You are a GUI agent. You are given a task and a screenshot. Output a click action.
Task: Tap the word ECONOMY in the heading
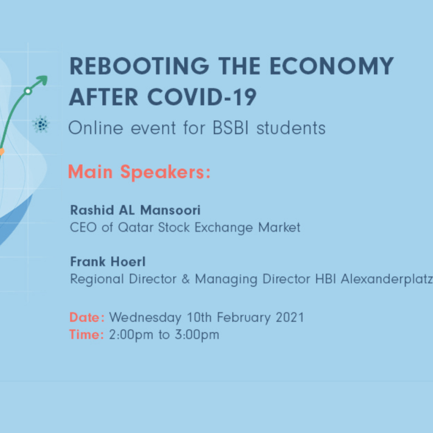pos(332,66)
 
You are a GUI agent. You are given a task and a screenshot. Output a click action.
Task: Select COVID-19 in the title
pos(202,97)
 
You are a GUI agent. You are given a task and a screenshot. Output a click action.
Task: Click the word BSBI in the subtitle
pos(231,128)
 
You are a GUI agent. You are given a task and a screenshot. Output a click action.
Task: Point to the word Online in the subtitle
pos(96,128)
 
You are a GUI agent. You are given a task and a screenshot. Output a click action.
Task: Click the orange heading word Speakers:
pos(165,173)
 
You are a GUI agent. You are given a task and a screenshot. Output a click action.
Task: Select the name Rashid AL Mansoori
pos(136,210)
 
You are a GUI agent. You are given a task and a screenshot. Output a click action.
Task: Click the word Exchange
pos(224,228)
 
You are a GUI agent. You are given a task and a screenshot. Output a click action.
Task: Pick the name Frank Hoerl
pos(108,262)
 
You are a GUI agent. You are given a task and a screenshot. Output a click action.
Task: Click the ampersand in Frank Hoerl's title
pos(186,279)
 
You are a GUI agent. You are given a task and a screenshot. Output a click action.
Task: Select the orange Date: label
pos(87,317)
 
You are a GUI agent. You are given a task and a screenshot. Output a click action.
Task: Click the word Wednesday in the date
pos(145,318)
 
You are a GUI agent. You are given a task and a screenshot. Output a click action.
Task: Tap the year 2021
pos(290,317)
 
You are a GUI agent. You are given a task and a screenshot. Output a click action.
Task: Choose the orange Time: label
pos(87,335)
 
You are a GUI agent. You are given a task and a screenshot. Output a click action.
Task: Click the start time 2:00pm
pos(131,335)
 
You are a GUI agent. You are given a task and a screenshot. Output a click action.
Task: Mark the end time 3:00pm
pos(197,335)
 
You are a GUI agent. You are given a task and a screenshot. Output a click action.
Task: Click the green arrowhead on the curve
pos(42,80)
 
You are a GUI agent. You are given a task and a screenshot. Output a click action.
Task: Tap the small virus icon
pos(41,124)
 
